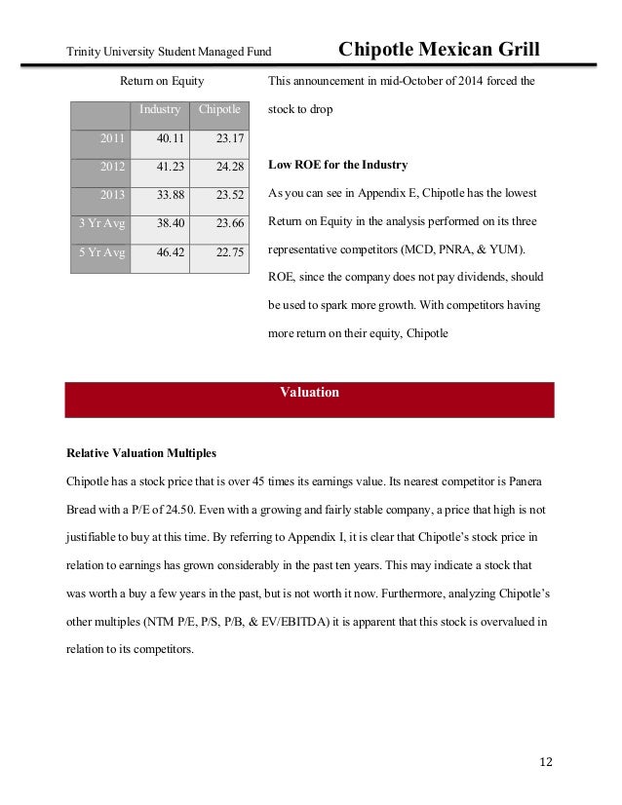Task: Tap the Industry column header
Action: [x=159, y=109]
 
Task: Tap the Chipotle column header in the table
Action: [x=219, y=109]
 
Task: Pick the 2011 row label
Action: [x=112, y=138]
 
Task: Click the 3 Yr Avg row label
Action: [x=101, y=223]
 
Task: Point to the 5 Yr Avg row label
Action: [x=101, y=252]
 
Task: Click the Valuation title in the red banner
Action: [x=309, y=393]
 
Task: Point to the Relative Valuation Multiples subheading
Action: [x=140, y=454]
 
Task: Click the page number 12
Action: [x=545, y=761]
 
